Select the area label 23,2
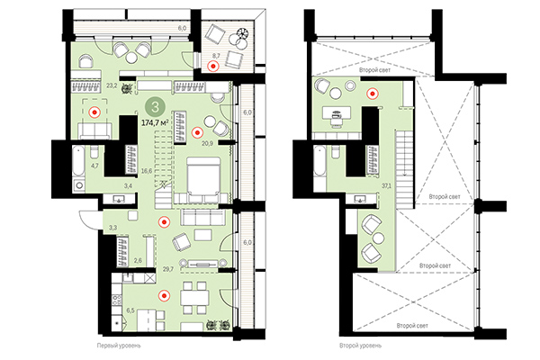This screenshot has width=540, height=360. click(112, 86)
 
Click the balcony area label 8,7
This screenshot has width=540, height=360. click(215, 56)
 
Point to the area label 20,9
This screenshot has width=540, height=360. click(206, 142)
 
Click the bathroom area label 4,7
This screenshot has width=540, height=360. click(95, 165)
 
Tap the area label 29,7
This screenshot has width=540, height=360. click(166, 269)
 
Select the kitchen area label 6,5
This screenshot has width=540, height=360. click(130, 310)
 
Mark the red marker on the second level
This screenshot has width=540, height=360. click(371, 91)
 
